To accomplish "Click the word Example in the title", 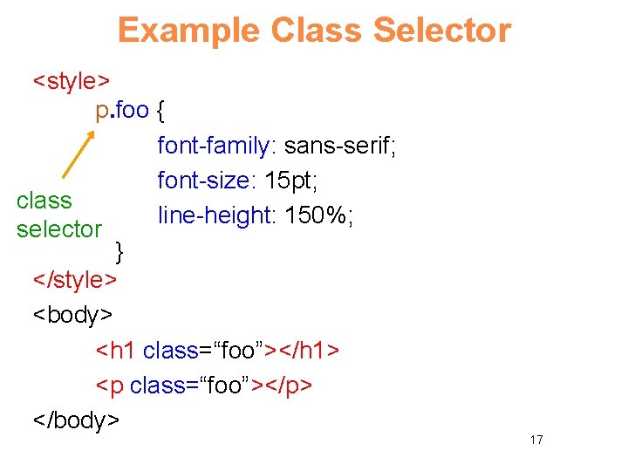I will coord(189,31).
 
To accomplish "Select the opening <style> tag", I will coord(71,81).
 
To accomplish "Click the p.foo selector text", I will coord(122,112).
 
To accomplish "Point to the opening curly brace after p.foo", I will coord(164,112).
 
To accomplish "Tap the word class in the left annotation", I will coord(44,201).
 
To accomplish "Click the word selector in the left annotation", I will coord(58,229).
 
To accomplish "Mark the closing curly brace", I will coord(120,252).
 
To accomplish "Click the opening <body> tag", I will coord(72,315).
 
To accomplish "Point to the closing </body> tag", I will coord(76,420).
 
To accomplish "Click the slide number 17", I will coord(536,440).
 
